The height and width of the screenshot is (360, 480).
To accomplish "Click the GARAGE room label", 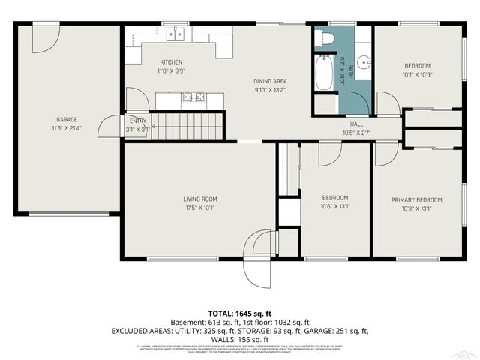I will point(67,119).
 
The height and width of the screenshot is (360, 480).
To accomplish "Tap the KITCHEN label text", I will point(171,62).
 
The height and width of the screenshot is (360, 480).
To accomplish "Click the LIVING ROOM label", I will point(200,199).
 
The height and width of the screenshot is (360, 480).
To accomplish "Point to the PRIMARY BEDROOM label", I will point(417,199).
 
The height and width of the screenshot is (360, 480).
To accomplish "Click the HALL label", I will point(356,124).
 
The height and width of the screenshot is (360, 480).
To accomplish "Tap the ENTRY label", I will point(138,121).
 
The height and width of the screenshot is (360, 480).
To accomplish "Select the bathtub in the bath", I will point(324,72).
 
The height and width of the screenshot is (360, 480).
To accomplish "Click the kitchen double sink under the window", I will point(176,34).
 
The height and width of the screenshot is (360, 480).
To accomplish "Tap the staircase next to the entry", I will point(187,125).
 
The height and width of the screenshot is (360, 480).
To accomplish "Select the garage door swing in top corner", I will point(45,39).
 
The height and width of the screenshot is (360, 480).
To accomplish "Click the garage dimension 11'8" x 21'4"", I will point(67,129).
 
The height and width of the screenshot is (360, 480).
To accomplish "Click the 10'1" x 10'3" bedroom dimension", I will point(417,74).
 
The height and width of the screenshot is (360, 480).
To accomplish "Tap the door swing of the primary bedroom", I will point(385,153).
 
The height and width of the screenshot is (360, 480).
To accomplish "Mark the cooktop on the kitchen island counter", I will point(192,97).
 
